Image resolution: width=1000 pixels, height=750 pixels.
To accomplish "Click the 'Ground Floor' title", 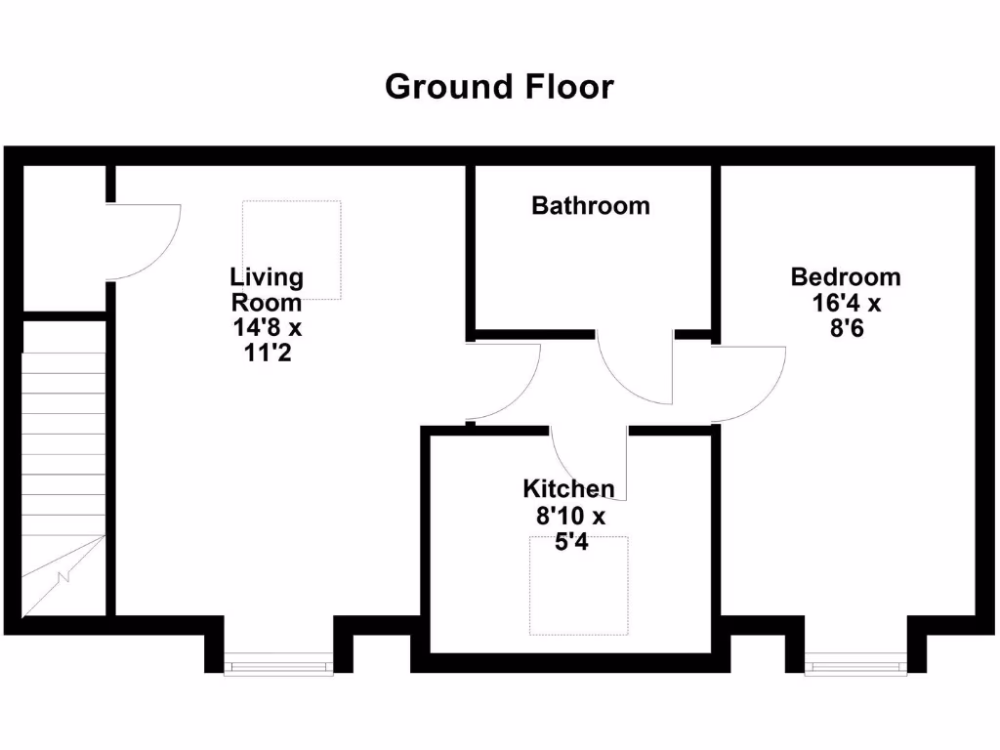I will point(499,87).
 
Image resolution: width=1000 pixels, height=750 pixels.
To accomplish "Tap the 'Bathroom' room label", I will point(590,206).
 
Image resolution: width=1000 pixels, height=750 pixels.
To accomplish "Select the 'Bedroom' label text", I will point(846,277).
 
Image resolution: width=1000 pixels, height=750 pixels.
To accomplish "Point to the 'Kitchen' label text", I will point(568,489).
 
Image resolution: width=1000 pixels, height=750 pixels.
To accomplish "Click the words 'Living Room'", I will point(267,290).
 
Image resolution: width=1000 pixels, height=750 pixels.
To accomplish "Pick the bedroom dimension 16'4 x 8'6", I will point(846,315).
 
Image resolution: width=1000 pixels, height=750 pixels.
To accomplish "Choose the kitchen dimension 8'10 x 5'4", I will point(568,529).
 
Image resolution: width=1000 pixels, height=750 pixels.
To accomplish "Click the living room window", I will point(278,667).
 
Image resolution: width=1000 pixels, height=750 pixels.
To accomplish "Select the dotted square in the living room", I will point(292,250).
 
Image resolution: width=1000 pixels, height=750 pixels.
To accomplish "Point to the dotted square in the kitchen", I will point(579,584).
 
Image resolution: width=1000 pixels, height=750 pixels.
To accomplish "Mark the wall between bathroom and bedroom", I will point(716,249).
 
